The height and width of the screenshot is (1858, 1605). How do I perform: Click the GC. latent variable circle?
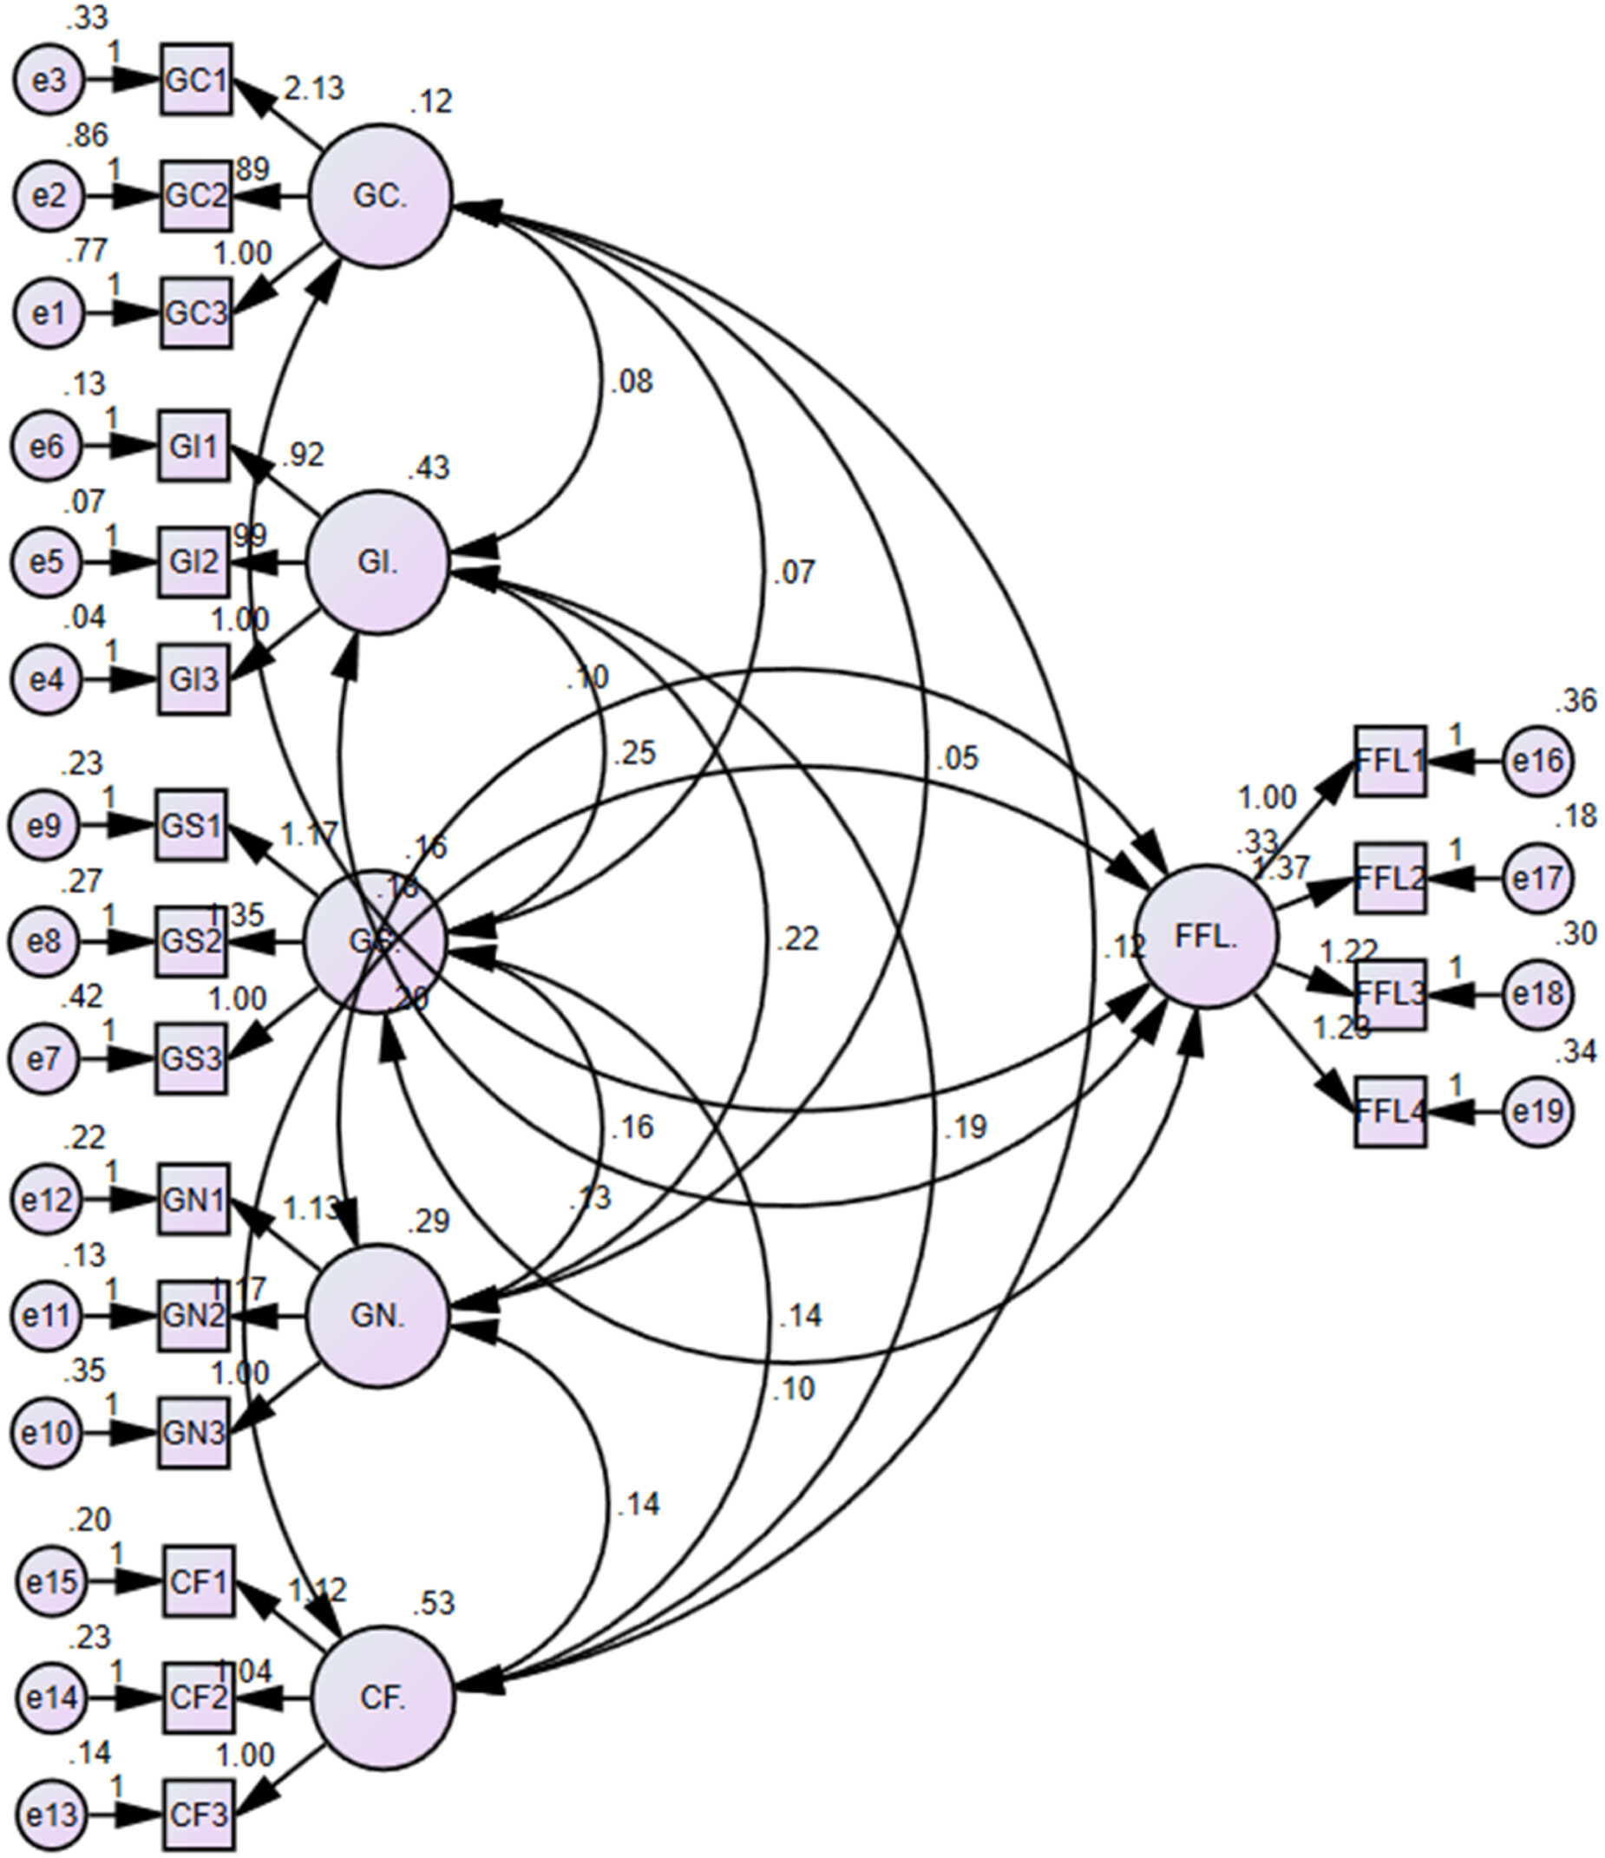click(x=380, y=195)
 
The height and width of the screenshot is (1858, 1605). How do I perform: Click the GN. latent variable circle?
click(x=377, y=1316)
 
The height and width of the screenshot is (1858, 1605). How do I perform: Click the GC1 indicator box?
click(x=196, y=80)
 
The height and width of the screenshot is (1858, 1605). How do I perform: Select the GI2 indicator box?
click(x=193, y=563)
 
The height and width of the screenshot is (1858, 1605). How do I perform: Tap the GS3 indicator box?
click(x=191, y=1059)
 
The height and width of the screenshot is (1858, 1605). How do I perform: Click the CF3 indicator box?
click(x=198, y=1815)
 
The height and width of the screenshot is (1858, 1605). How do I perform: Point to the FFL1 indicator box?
click(x=1389, y=761)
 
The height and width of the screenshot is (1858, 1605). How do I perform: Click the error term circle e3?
click(x=49, y=80)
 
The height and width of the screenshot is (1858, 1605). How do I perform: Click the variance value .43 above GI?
click(x=428, y=468)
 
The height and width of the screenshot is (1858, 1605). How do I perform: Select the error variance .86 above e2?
click(x=86, y=134)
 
